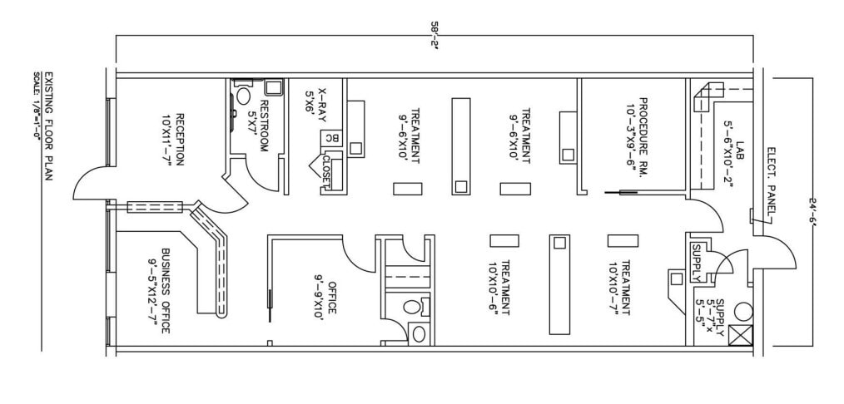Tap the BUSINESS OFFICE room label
pyautogui.click(x=159, y=290)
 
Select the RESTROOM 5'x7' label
pyautogui.click(x=259, y=126)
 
